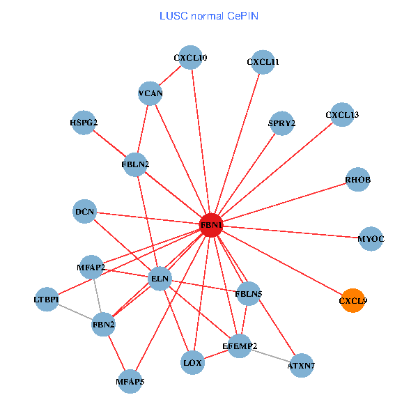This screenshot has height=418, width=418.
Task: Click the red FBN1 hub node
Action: click(x=212, y=226)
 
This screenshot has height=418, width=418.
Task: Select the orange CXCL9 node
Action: click(x=353, y=301)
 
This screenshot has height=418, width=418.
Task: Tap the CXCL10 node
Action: click(x=191, y=58)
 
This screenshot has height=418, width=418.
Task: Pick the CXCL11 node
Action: click(x=263, y=62)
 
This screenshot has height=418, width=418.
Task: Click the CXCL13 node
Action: click(x=341, y=114)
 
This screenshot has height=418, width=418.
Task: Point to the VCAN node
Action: click(x=150, y=93)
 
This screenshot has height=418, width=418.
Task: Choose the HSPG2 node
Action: click(x=84, y=123)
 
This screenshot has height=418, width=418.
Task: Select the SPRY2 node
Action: click(x=281, y=123)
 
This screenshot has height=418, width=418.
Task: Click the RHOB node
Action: click(x=357, y=180)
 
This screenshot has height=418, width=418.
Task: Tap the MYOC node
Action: click(x=371, y=239)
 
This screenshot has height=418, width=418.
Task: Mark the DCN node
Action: click(x=84, y=211)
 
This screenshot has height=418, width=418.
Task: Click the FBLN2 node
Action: click(x=135, y=164)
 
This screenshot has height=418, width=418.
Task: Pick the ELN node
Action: click(x=160, y=279)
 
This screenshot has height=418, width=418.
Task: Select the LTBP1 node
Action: click(x=47, y=300)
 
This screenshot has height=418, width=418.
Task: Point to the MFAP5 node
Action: click(x=130, y=381)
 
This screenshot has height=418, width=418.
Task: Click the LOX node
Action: click(x=192, y=362)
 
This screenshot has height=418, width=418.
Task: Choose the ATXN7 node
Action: click(x=301, y=365)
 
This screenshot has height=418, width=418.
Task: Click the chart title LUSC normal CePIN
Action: click(x=209, y=15)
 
